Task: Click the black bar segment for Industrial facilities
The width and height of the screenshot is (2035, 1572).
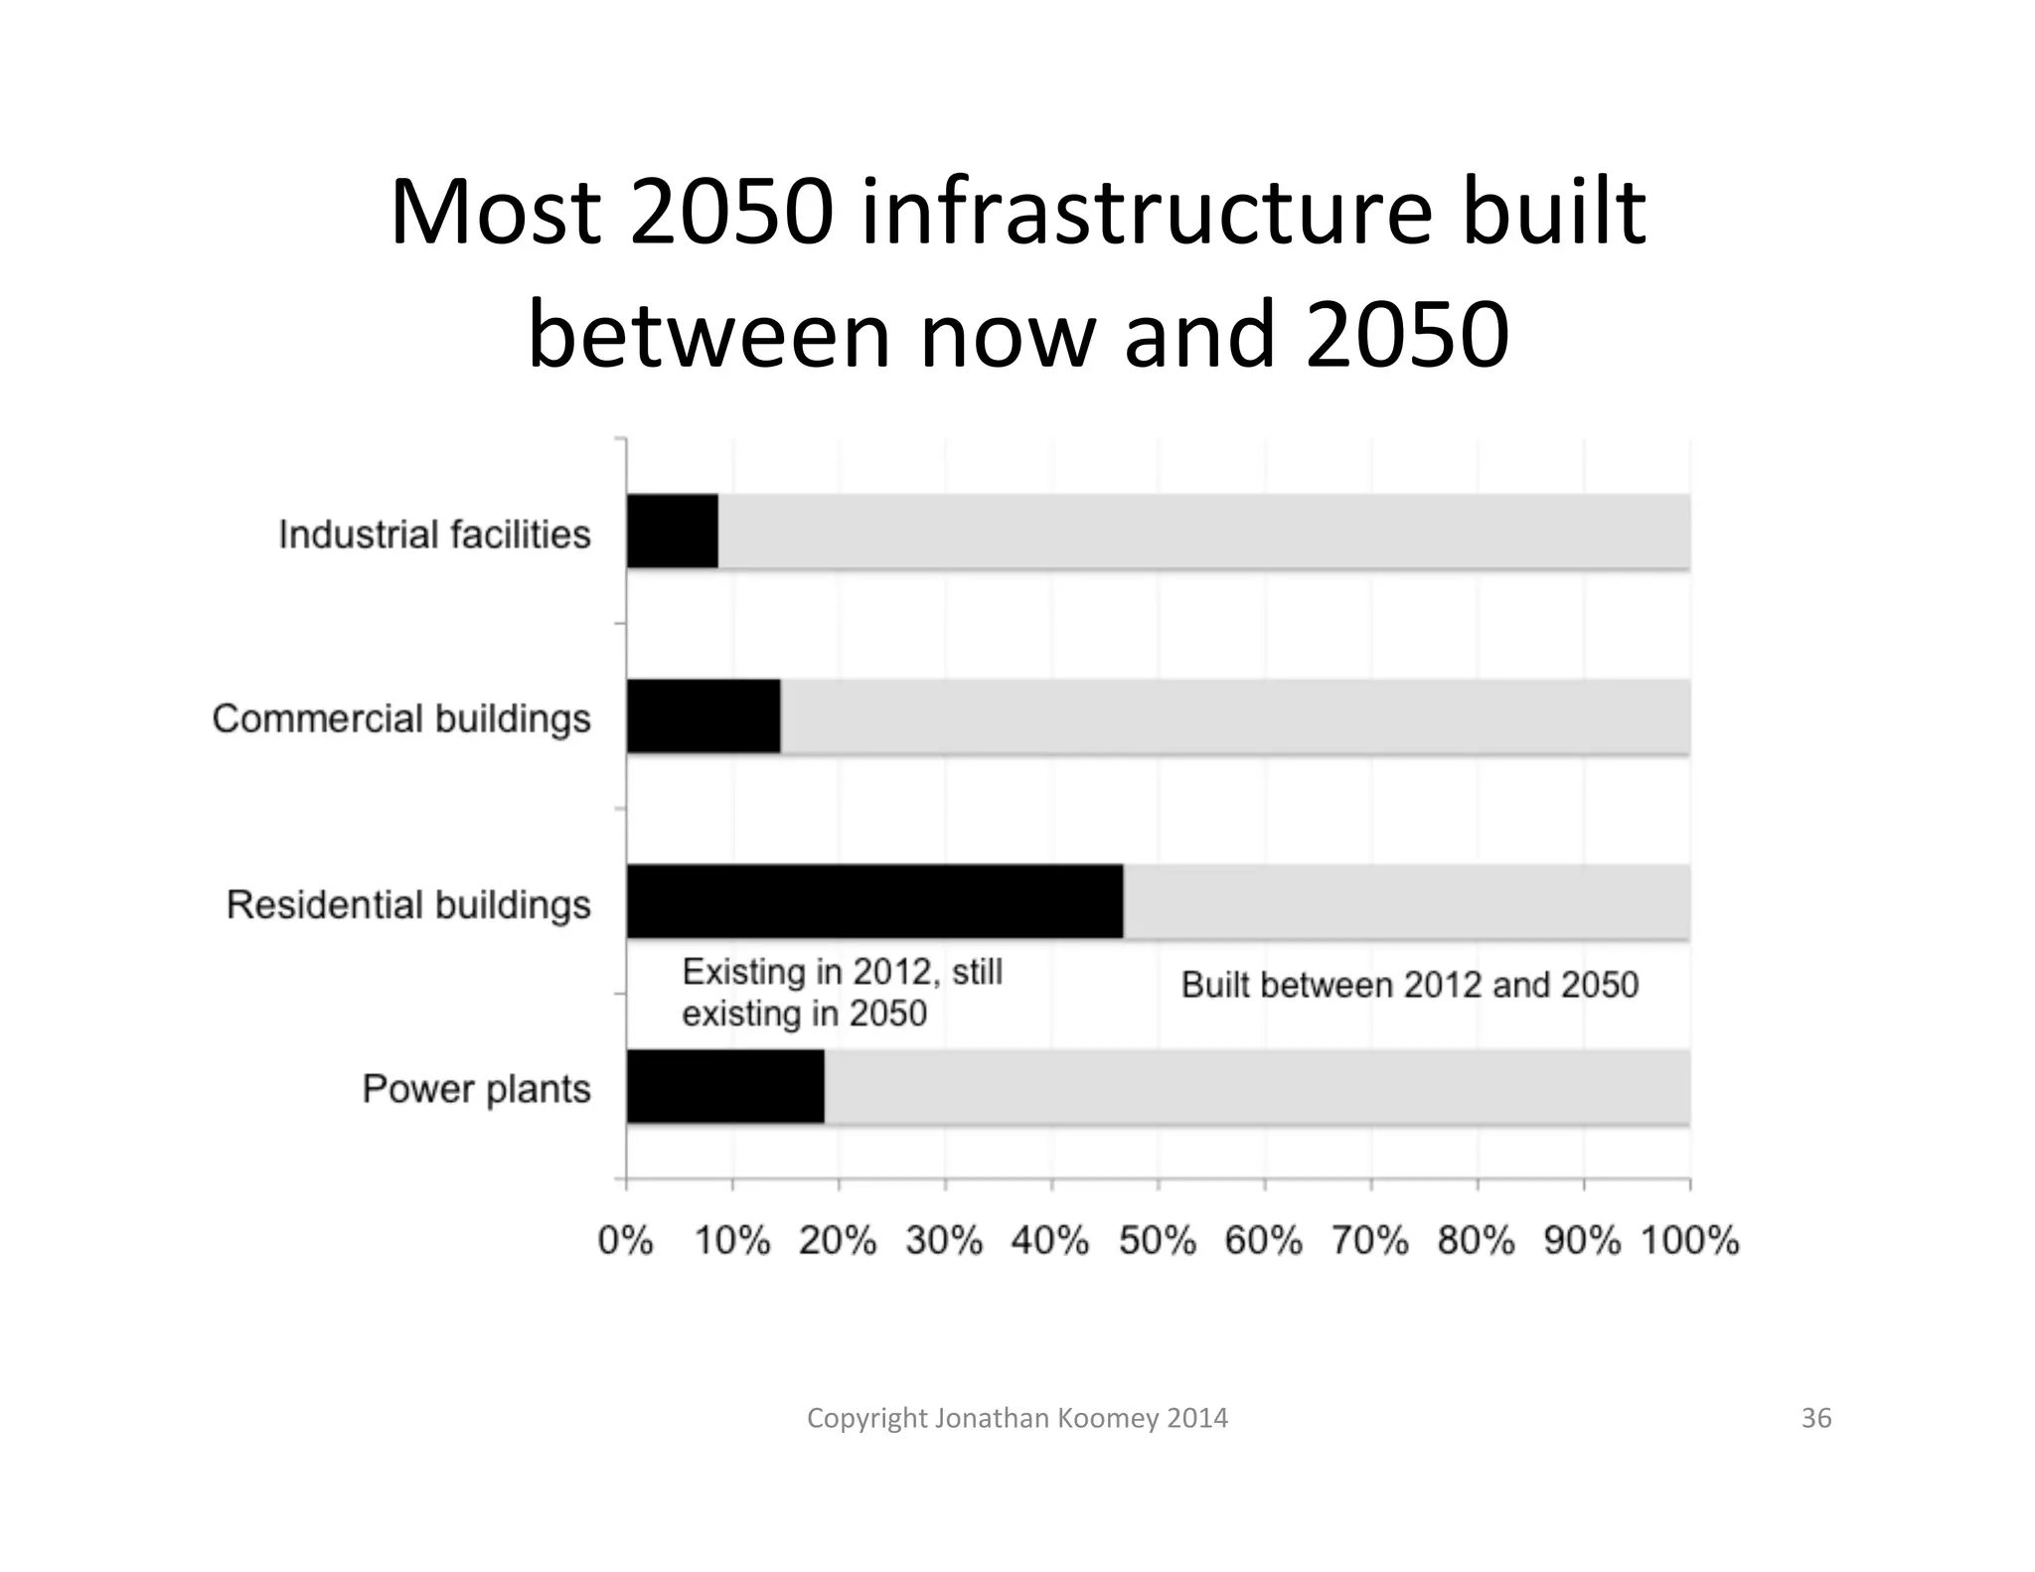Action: tap(673, 531)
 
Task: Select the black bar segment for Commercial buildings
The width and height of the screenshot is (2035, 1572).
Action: tap(704, 716)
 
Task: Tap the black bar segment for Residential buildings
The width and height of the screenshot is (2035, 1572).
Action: tap(874, 901)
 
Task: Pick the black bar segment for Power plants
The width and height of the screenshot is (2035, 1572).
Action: tap(725, 1086)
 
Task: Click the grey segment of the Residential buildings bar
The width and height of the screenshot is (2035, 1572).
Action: tap(1406, 901)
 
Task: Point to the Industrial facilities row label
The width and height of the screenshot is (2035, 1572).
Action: tap(434, 535)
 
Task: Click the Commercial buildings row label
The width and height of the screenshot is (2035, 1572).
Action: tap(401, 718)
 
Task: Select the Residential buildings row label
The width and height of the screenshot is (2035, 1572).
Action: tap(408, 905)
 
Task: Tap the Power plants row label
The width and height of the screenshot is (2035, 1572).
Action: tap(476, 1089)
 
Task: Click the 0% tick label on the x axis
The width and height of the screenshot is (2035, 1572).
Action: tap(626, 1241)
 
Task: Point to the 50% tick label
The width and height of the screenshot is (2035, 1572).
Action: tap(1158, 1241)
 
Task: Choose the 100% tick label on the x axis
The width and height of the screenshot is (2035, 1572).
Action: tap(1689, 1241)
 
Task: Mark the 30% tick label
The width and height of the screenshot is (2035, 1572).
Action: tap(944, 1241)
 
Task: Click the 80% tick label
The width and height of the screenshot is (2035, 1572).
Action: tap(1477, 1241)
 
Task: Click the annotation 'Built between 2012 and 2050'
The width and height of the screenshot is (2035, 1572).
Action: tap(1409, 985)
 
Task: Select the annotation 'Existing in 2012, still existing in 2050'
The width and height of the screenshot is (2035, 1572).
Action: tap(842, 992)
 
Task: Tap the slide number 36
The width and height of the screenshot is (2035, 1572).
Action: tap(1815, 1418)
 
